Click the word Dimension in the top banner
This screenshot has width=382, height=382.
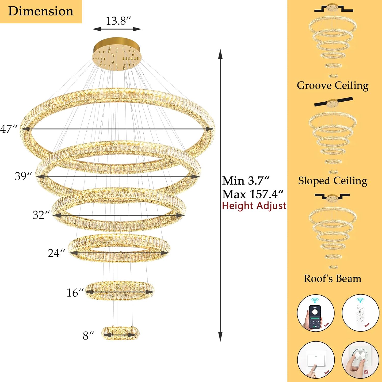tap(41, 11)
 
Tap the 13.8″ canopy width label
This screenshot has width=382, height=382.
tap(118, 21)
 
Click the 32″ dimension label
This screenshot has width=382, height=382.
tap(41, 215)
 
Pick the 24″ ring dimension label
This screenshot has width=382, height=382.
tap(57, 253)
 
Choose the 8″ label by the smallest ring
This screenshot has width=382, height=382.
tap(89, 336)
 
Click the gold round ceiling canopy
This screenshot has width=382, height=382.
tap(117, 54)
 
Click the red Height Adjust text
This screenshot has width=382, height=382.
tap(254, 206)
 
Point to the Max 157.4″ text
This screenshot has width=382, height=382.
tap(253, 194)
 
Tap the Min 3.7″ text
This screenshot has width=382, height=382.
tap(246, 181)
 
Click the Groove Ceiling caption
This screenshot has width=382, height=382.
tap(333, 86)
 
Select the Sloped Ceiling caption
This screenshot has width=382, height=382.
tap(333, 181)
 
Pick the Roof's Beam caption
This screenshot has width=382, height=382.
tap(333, 278)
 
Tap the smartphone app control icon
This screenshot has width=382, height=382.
tap(316, 313)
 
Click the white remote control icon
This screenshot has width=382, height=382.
tap(360, 313)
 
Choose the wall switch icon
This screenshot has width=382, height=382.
tap(316, 360)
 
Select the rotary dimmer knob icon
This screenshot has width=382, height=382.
tap(360, 360)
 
